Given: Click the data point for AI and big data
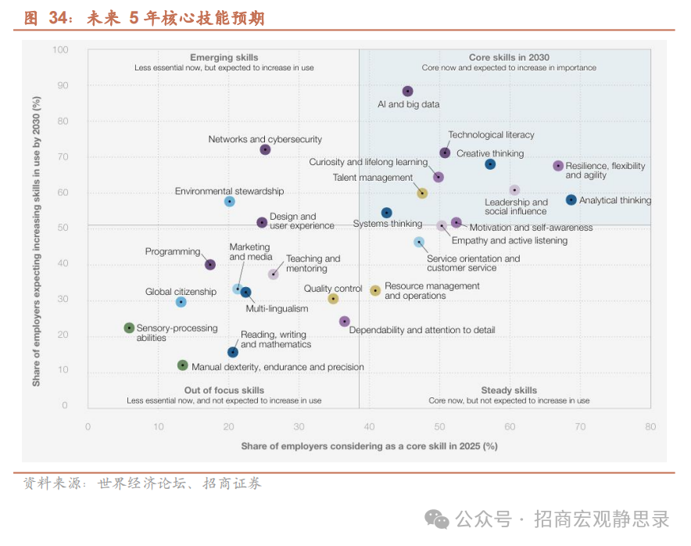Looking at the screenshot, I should tap(407, 92).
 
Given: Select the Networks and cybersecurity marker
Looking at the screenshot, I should tap(265, 149).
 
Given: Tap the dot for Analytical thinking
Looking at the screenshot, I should tap(571, 200).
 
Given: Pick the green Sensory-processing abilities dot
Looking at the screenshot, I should tap(129, 328).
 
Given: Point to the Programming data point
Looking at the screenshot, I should tap(210, 264).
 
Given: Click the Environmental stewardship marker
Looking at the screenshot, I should tap(229, 201).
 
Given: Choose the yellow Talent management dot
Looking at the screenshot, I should tap(422, 193).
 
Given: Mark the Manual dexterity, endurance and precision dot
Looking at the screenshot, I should tap(182, 365).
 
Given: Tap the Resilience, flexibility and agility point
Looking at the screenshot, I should tap(558, 166).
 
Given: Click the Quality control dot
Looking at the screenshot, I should tap(333, 299).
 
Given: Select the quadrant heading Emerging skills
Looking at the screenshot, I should tap(224, 57).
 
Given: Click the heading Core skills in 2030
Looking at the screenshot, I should tap(509, 57).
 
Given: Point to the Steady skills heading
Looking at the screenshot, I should tap(509, 390).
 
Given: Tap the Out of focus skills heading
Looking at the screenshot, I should tap(224, 390).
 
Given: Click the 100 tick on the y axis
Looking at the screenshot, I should tap(60, 50).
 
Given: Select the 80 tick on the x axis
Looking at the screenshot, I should tap(650, 427).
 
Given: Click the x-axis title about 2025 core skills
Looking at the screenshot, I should tap(369, 446).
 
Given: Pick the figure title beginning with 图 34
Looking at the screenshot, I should tap(144, 18).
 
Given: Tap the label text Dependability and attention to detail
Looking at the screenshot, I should tap(421, 330).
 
